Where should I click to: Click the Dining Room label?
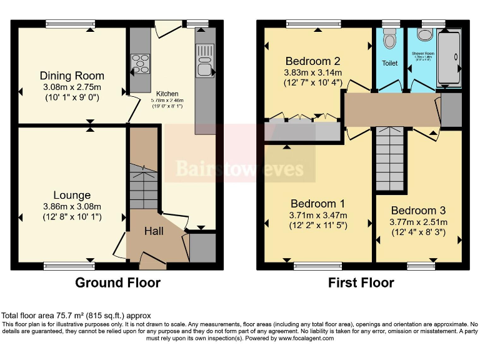pos(72,76)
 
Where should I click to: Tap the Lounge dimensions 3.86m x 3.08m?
pos(72,206)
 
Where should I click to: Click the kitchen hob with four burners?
pos(140,64)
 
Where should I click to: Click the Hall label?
pos(154,231)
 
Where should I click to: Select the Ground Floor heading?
pos(117,282)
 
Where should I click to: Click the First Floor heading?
pos(361,282)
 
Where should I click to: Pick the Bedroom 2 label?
pos(312,61)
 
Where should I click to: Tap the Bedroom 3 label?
pos(418,211)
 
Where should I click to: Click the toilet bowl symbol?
pos(391,41)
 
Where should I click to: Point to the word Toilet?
pos(390,63)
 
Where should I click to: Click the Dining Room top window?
pos(70,24)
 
